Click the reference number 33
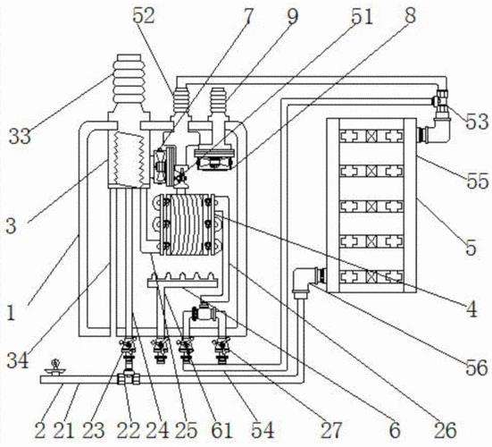[x=20, y=136]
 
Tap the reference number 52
[x=144, y=16]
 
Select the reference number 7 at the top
[x=248, y=17]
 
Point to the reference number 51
[x=362, y=16]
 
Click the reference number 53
[x=477, y=122]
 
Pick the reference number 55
[x=478, y=181]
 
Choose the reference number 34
[x=18, y=360]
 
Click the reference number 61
[x=221, y=430]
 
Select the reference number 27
[x=330, y=430]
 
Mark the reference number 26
[x=446, y=430]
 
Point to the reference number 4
[x=471, y=309]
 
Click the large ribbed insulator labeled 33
[x=129, y=89]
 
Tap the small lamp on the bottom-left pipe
[x=55, y=368]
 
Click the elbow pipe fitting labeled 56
[x=302, y=280]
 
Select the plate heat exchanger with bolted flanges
[x=187, y=224]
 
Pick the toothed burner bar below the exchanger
[x=182, y=280]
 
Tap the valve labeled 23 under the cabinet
[x=128, y=347]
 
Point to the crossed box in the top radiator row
[x=371, y=136]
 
